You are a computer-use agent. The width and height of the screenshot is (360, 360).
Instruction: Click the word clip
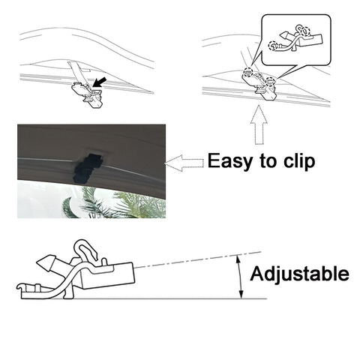pos(299,161)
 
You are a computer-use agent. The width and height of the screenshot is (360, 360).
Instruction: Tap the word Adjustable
pos(299,274)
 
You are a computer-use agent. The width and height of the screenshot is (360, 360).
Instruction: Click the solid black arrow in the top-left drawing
pos(100,82)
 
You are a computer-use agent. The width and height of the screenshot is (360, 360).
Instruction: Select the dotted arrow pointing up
pos(259,124)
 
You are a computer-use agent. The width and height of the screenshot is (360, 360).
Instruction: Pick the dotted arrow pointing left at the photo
pos(184,163)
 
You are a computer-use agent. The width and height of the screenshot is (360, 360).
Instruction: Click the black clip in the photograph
pos(88,166)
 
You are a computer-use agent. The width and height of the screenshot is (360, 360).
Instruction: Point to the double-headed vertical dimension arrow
pos(241,277)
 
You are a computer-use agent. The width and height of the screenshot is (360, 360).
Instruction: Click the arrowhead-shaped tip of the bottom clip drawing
pos(46,263)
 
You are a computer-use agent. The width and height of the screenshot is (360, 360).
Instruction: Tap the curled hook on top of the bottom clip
pos(86,250)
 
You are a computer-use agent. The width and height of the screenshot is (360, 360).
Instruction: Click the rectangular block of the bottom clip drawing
pos(107,276)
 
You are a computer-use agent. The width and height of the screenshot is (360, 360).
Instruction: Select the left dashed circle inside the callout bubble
pos(273,46)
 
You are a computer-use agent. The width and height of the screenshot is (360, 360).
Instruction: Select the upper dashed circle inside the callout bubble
pos(305,31)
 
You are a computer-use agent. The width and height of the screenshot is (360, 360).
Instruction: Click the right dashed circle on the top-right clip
pos(270,82)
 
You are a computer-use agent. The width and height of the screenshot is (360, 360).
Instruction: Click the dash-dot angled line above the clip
pos(197,260)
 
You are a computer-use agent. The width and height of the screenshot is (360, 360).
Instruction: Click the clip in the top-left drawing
pos(87,94)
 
